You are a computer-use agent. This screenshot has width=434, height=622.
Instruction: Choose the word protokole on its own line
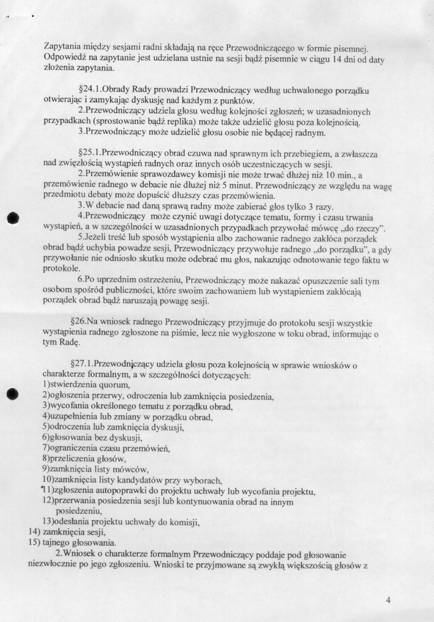pos(61,269)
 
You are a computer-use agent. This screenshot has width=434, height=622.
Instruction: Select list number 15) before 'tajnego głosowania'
pos(34,543)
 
